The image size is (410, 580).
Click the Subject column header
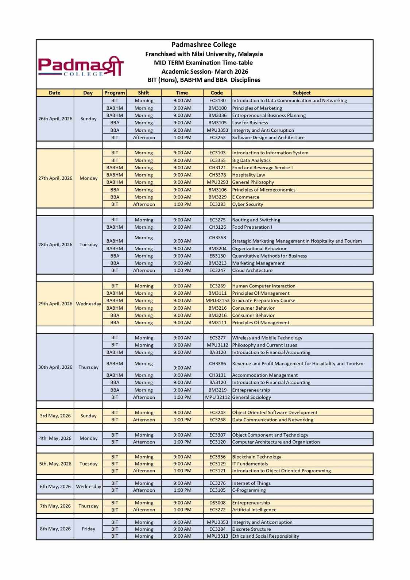tap(301, 93)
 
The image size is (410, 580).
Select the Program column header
tap(115, 93)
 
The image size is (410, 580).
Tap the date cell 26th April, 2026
tap(55, 119)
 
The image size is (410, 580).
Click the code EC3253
tap(217, 138)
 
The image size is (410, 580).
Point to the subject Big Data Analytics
tap(251, 160)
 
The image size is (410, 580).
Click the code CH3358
tap(217, 237)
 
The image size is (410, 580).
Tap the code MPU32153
tap(217, 301)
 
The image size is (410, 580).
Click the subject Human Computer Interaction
tap(264, 286)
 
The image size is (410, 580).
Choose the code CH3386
tap(217, 364)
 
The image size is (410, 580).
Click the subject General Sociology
tap(252, 397)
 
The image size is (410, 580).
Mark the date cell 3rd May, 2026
tap(55, 416)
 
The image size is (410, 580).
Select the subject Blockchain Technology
tap(257, 457)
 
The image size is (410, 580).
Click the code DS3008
tap(217, 503)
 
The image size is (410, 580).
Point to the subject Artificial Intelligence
tap(254, 510)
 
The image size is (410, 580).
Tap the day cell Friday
tap(88, 529)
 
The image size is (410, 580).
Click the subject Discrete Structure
tap(252, 529)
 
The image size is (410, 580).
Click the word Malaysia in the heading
tap(250, 54)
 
